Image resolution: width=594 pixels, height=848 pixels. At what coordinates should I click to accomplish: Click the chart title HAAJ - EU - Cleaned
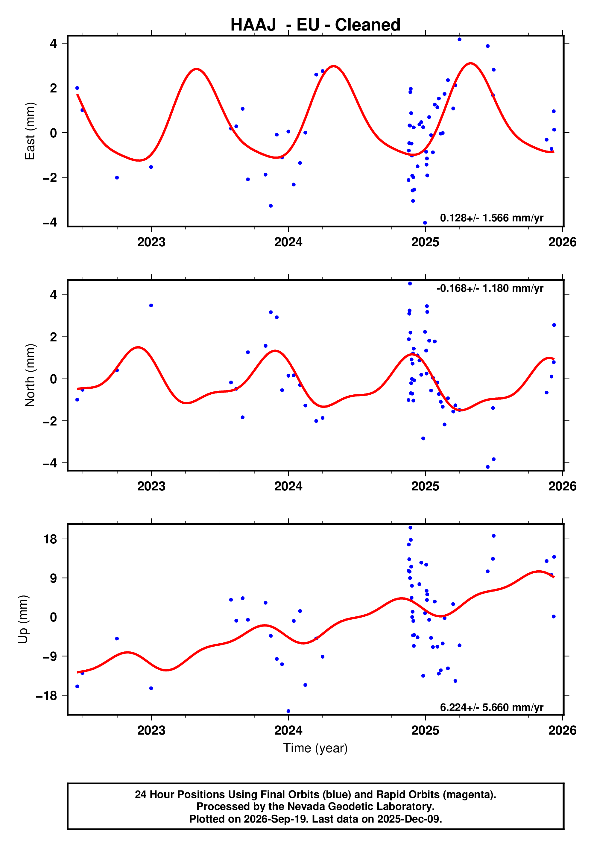tap(315, 25)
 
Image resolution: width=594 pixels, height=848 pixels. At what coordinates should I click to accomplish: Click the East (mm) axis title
tap(30, 131)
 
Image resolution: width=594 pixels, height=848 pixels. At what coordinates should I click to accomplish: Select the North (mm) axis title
tap(30, 375)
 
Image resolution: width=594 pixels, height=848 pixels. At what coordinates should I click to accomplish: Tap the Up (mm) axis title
tap(23, 619)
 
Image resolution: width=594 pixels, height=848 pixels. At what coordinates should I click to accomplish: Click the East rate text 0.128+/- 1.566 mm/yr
tap(491, 218)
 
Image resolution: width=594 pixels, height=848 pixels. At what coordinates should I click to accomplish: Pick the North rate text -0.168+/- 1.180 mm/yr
tap(490, 288)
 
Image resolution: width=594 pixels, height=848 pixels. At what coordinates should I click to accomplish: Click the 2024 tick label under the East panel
tap(288, 242)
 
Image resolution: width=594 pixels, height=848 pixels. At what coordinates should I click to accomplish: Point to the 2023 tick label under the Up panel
tap(151, 730)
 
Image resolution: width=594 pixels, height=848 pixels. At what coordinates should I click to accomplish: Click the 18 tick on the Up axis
tap(50, 539)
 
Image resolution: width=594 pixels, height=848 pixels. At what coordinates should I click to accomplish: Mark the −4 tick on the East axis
tap(50, 222)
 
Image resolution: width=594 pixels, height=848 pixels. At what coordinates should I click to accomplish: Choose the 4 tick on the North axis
tap(54, 295)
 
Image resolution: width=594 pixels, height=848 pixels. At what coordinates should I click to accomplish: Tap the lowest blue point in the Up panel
tap(288, 711)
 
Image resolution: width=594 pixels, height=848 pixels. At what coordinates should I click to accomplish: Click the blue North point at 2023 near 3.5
tap(151, 306)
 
